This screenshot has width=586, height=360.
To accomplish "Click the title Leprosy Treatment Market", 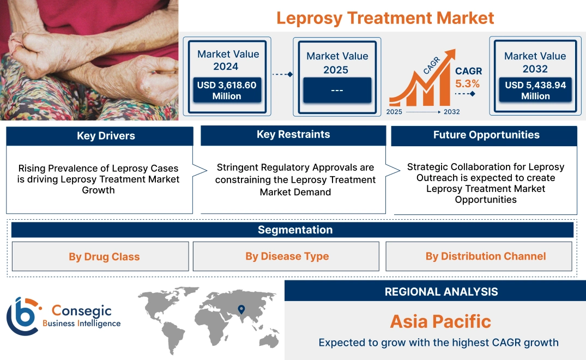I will [385, 18].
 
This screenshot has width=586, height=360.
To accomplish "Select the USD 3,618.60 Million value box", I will [227, 90].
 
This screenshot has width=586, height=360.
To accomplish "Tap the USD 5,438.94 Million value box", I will [535, 90].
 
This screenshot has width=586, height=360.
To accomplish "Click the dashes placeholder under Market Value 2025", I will [337, 90].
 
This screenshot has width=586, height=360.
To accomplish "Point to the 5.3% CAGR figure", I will [467, 83].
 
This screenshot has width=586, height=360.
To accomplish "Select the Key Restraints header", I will [293, 135].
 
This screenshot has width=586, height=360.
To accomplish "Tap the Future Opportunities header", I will [486, 135].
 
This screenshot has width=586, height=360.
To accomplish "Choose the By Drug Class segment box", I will [104, 256].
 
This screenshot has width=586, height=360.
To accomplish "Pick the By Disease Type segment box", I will [287, 256].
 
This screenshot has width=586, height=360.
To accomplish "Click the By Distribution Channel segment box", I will [486, 256].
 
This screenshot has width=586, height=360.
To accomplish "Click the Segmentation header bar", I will [295, 230].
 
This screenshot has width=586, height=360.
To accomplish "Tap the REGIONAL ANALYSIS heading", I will [441, 292].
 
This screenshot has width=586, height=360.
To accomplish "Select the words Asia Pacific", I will [440, 321].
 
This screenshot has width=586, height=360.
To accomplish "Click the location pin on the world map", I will [241, 310].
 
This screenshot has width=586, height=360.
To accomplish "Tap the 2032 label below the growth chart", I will [451, 112].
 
